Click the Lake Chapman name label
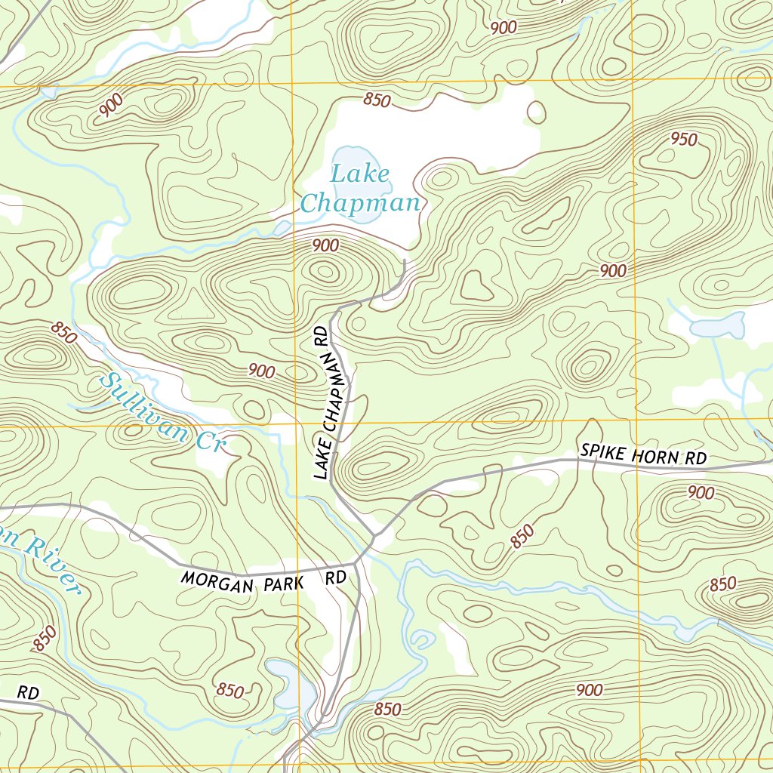coord(360,189)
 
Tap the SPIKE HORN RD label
coord(642,454)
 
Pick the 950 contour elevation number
coord(684,140)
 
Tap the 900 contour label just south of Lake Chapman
coord(325,245)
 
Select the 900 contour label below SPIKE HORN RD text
coord(701,493)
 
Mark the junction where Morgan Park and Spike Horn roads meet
coord(374,537)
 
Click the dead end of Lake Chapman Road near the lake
coord(405,261)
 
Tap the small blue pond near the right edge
coord(716,327)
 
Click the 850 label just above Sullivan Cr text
coord(64,333)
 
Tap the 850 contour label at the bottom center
coord(387,710)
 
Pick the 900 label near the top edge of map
coord(503,28)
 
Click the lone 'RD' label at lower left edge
coord(28,691)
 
